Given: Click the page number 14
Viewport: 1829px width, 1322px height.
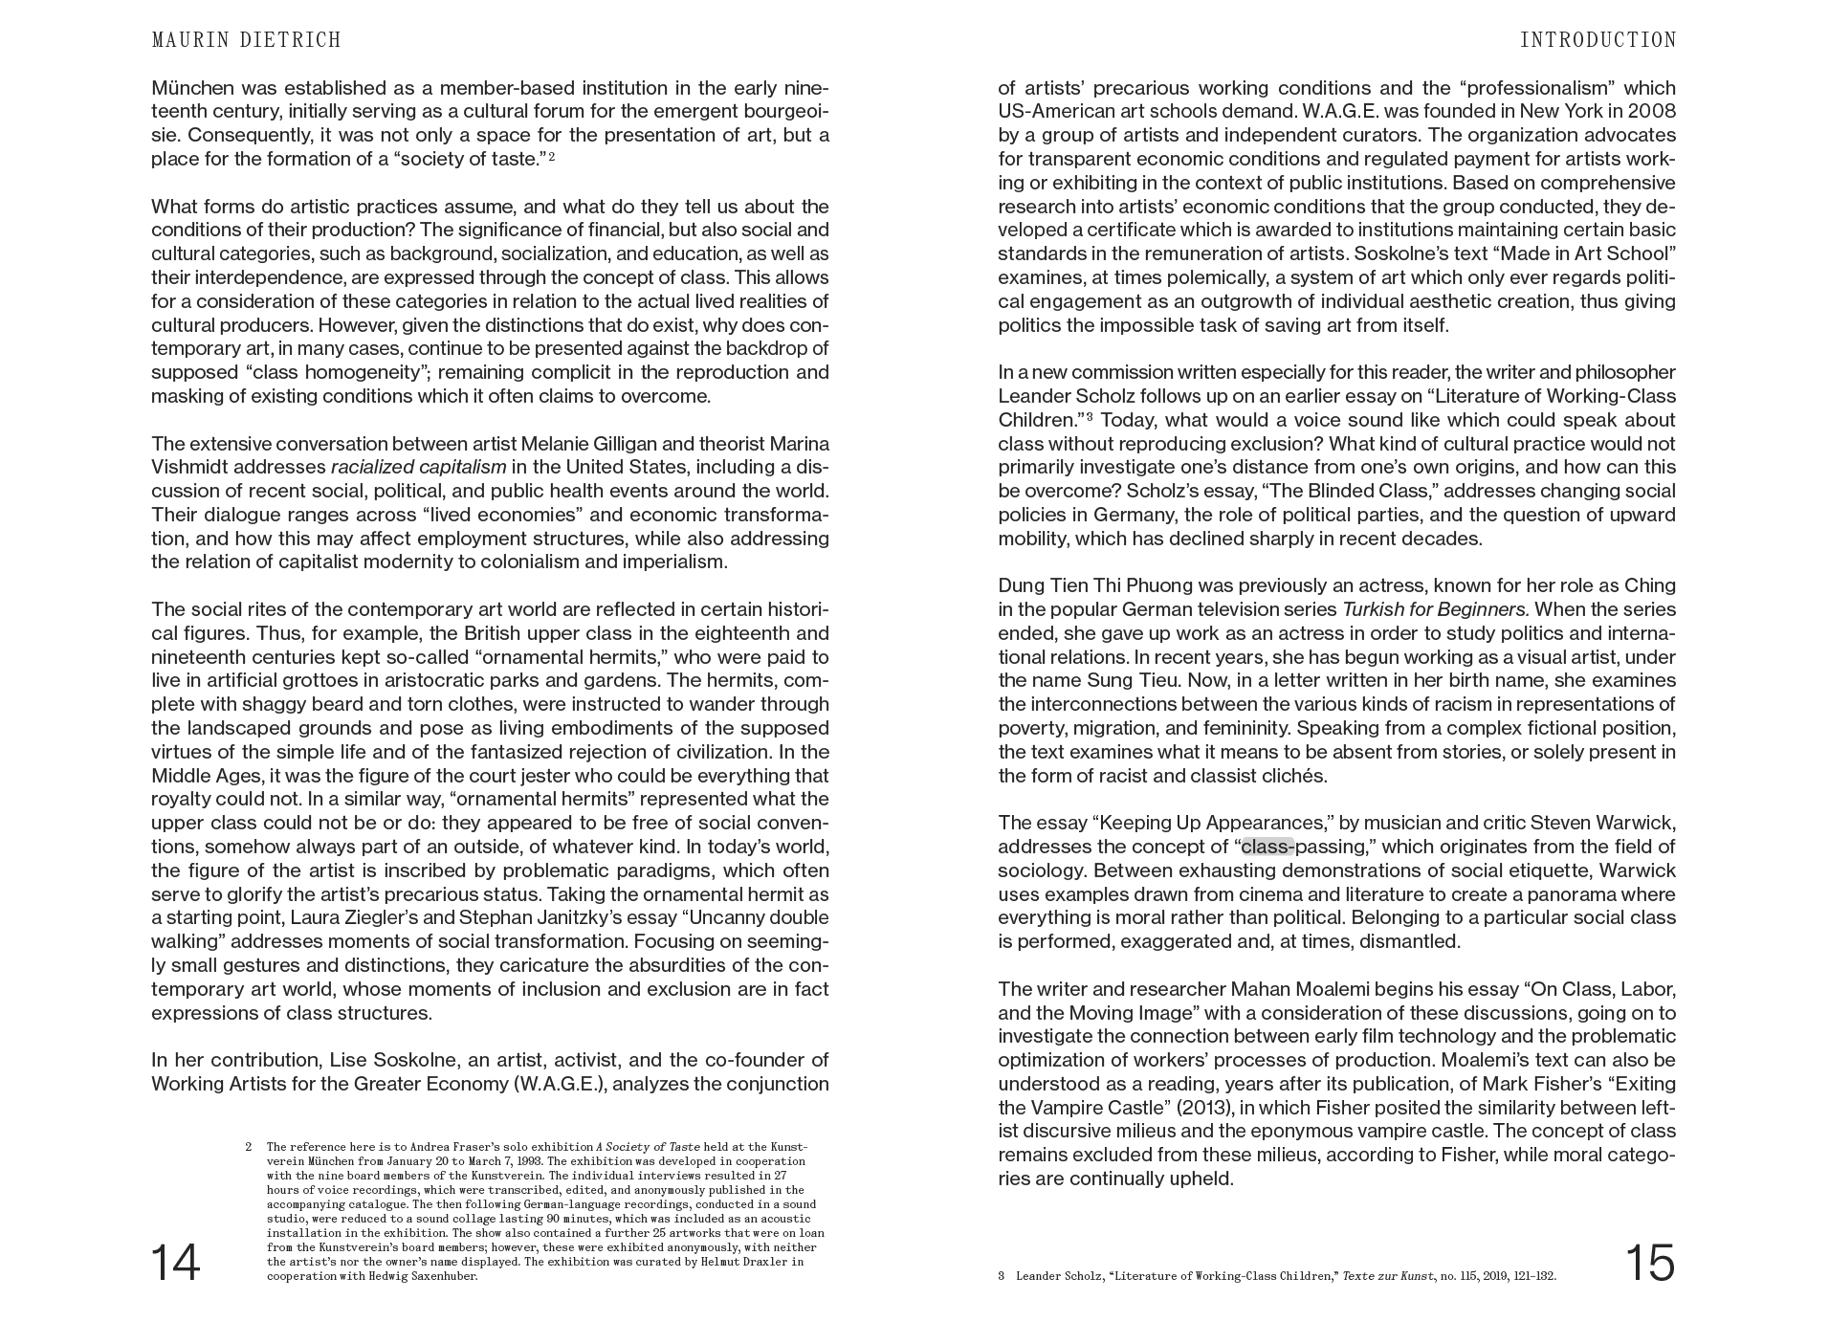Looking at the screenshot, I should (176, 1263).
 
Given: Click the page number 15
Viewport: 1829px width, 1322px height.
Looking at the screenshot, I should (1649, 1263).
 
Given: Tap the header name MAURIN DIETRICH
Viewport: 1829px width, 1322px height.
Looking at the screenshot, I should (246, 40).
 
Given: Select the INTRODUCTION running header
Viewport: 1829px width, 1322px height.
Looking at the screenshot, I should (1598, 40).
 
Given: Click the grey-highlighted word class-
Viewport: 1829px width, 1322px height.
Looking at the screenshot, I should (1267, 847).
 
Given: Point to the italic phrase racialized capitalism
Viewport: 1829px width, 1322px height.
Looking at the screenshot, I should (418, 467).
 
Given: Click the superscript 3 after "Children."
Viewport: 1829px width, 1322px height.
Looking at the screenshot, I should (1090, 417).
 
